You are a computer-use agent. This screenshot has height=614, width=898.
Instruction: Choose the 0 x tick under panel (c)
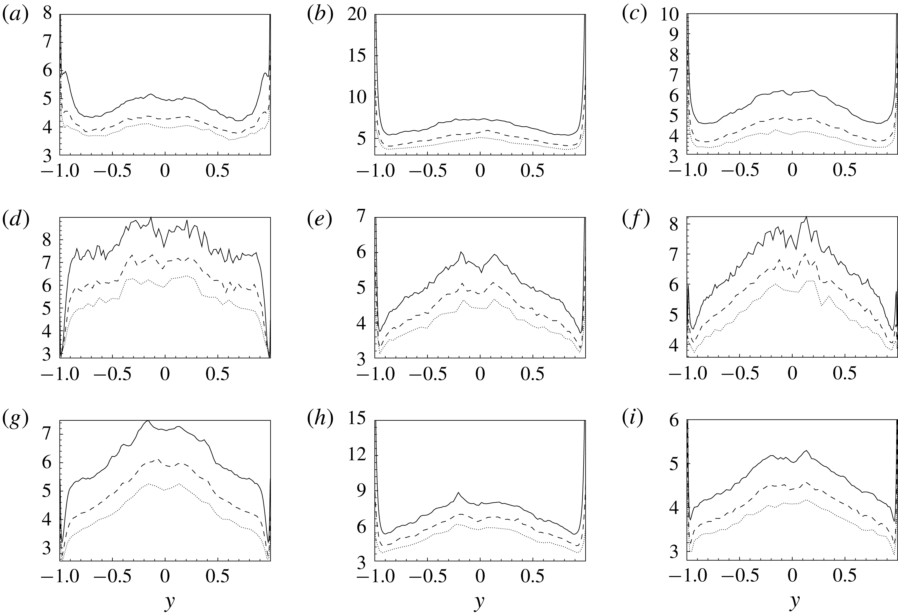pos(792,171)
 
